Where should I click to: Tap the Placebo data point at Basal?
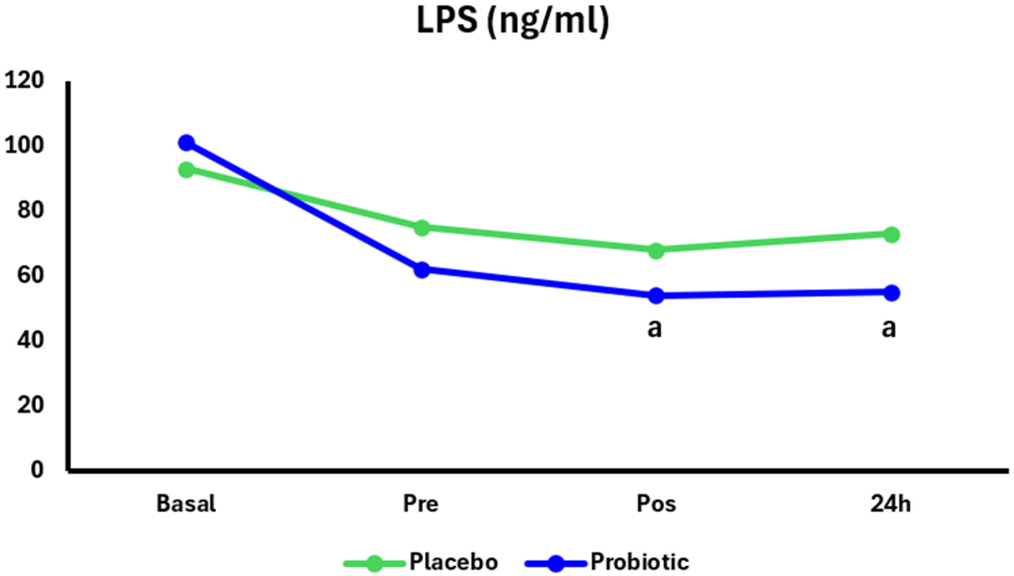[x=186, y=170]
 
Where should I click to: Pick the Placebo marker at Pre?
[x=422, y=227]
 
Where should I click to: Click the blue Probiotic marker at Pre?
[x=422, y=270]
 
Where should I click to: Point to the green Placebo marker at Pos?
[x=656, y=251]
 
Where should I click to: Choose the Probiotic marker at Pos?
[x=656, y=295]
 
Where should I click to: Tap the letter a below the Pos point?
[x=655, y=329]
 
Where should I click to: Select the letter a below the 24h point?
[x=889, y=329]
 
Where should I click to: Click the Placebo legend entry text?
[x=453, y=562]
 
